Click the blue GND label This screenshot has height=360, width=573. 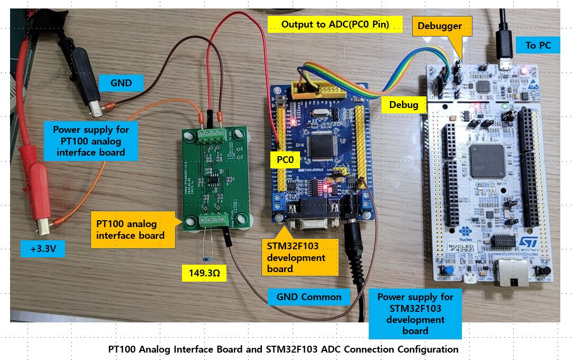click(121, 83)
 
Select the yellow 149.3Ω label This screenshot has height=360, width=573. click(204, 274)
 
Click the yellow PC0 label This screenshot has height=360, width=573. click(285, 159)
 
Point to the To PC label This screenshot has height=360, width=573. click(538, 46)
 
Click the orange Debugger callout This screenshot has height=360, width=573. click(439, 26)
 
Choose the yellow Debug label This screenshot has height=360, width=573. click(404, 105)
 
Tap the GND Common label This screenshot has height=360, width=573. click(309, 296)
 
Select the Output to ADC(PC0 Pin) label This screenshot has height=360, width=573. click(335, 24)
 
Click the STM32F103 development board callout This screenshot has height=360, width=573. click(299, 257)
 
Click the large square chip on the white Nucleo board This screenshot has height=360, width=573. click(487, 160)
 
